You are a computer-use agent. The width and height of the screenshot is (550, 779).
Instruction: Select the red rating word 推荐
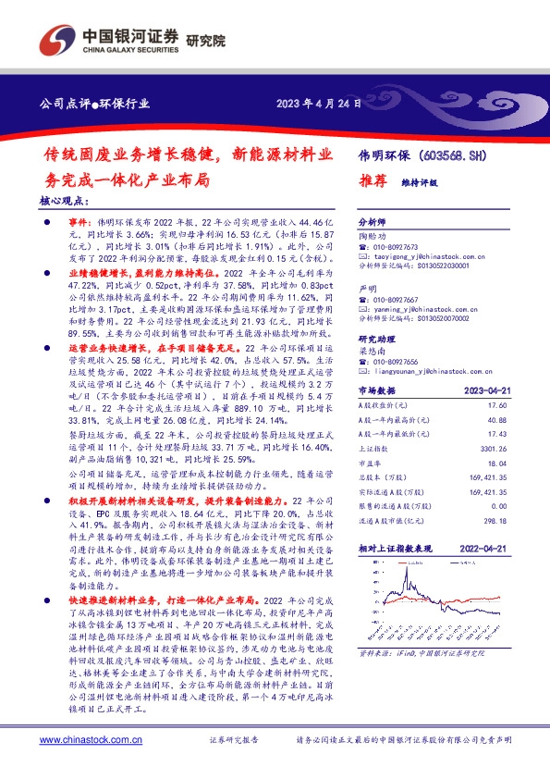[371, 182]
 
